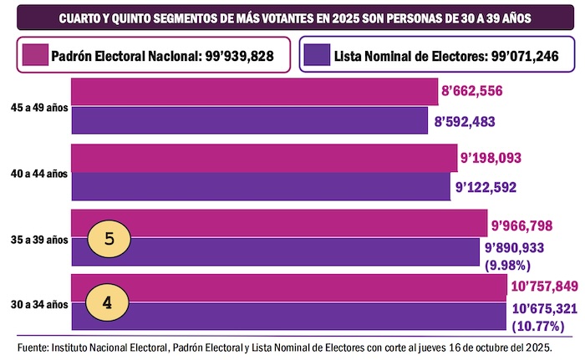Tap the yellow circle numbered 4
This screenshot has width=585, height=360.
pos(109,302)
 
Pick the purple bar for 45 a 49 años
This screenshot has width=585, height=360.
pos(251,119)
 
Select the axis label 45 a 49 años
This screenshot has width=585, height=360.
pos(38,108)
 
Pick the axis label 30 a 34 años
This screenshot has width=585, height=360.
pos(38,303)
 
